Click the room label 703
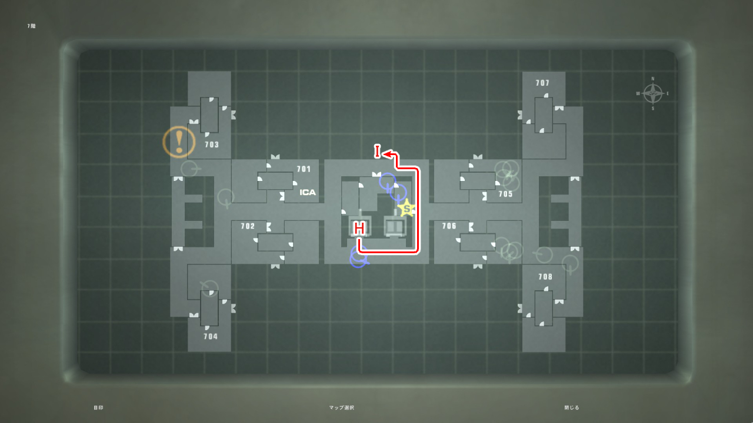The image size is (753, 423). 212,145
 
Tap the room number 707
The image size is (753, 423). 542,83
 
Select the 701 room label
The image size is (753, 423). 304,169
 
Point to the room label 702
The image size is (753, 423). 248,226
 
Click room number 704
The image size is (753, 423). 211,337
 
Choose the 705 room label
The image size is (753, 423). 505,194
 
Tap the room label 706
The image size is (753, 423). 449,226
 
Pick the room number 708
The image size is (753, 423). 545,277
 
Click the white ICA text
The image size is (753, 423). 308,192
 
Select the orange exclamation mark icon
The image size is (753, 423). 179,142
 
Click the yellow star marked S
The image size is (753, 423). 406,208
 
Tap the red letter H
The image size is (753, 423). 359,228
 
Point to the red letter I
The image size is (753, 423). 377,151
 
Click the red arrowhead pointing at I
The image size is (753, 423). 388,154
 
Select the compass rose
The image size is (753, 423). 652,93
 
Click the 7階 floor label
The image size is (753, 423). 31,26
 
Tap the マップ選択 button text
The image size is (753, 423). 341,407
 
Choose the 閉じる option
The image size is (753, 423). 571,407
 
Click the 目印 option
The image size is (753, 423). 98,407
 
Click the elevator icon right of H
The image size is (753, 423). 393,226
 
